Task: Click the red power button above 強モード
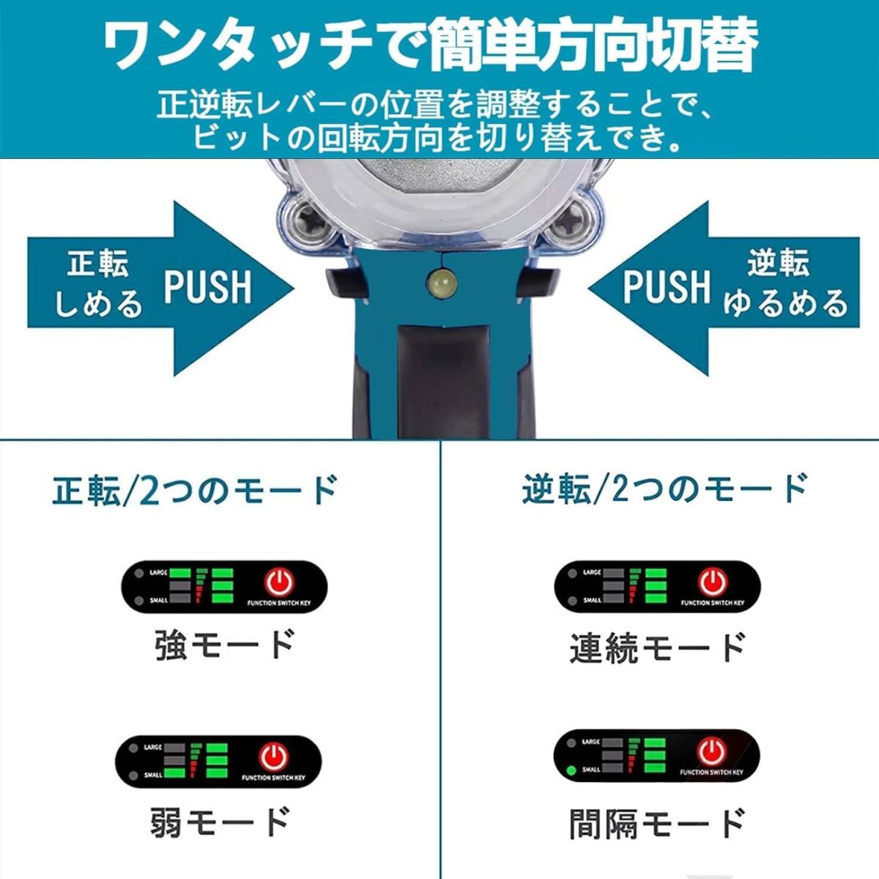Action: point(279,582)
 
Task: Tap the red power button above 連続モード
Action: point(712,582)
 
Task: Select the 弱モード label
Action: point(220,822)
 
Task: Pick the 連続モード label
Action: point(657,648)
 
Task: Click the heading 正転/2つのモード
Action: point(195,489)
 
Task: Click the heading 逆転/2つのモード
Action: point(664,489)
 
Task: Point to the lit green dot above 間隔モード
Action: point(571,770)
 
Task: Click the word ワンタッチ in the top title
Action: point(234,45)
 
